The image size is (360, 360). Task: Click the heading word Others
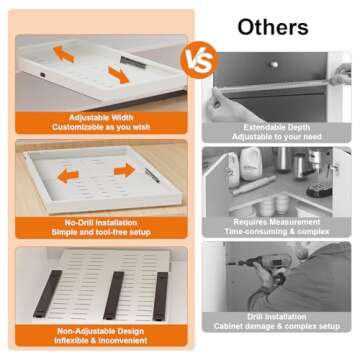tap(272, 24)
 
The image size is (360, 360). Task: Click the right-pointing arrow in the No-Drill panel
tap(124, 171)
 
